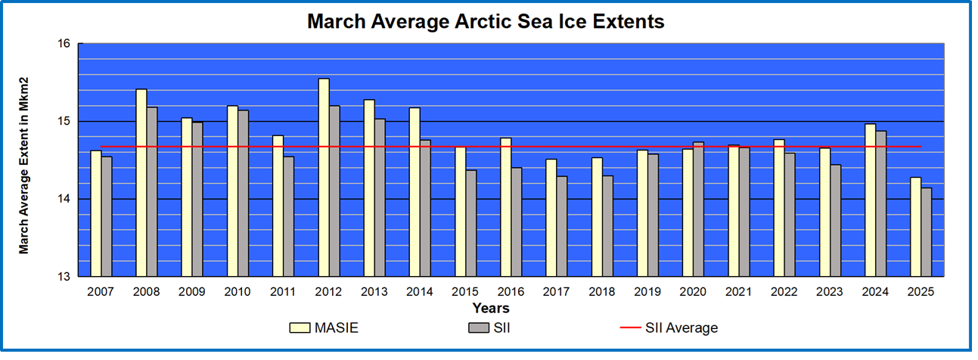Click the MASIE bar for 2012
[x=324, y=178]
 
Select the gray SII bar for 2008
[x=152, y=192]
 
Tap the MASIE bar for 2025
[x=916, y=227]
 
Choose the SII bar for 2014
[x=425, y=208]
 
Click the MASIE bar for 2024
[x=871, y=200]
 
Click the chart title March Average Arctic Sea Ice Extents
[x=486, y=21]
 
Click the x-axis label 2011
[x=283, y=291]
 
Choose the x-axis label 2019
[x=647, y=291]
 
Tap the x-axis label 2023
[x=830, y=291]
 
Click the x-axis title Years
[x=491, y=308]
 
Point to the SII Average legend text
[x=681, y=328]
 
